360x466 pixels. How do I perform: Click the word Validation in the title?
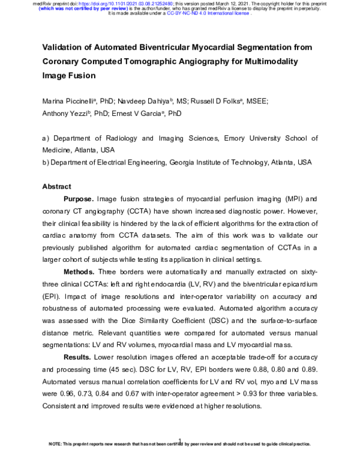[x=62, y=47]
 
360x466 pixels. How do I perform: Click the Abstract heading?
[x=56, y=186]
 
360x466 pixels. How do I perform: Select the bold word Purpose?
[x=79, y=199]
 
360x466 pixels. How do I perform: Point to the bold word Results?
[x=77, y=357]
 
